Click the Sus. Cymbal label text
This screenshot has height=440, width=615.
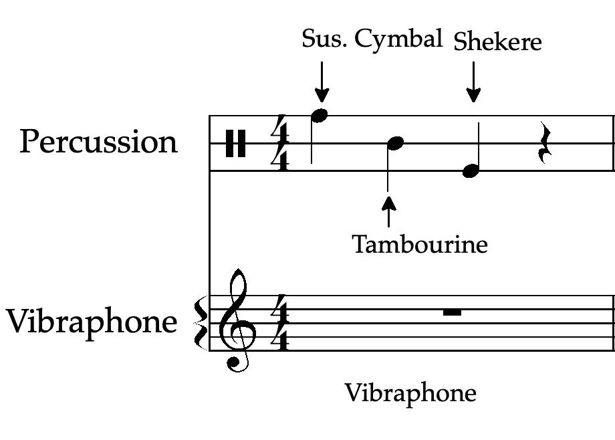point(372,39)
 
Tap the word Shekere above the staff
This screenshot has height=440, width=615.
point(497,42)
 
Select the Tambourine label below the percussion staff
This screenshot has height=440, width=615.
point(420,245)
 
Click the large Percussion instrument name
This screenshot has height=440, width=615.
point(99,142)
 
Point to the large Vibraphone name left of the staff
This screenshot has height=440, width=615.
point(92,322)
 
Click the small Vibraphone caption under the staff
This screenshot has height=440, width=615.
point(410,393)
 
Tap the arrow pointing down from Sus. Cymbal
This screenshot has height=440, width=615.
point(322,81)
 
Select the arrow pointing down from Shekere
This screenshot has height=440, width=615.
point(473,82)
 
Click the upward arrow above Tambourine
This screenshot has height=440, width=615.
point(388,210)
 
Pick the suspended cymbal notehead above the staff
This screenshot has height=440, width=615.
point(321,115)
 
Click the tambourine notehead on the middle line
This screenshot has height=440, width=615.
point(396,142)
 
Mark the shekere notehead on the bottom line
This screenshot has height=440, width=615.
point(471,171)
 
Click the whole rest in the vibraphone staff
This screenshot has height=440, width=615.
point(453,312)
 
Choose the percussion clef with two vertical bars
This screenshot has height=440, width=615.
point(235,143)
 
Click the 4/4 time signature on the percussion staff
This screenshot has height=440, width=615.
point(280,143)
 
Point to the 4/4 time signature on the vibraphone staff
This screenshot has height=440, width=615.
point(280,323)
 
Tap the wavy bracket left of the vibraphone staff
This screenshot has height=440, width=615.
point(200,323)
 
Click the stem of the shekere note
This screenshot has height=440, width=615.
point(479,144)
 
